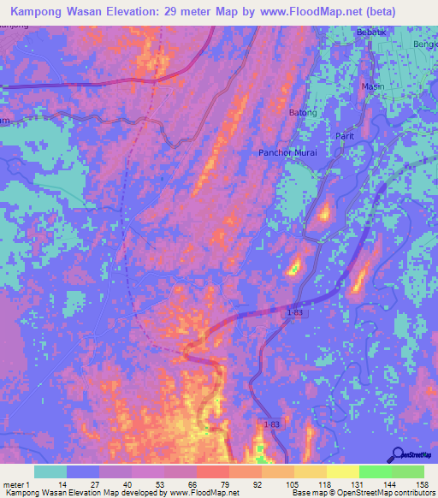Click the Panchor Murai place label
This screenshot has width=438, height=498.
[x=287, y=152]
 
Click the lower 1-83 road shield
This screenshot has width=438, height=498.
[x=270, y=424]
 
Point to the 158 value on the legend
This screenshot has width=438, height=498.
[x=422, y=483]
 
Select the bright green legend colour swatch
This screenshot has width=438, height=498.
[x=375, y=471]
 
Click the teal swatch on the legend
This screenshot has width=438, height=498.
[x=50, y=471]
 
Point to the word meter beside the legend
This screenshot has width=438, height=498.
[x=15, y=483]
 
